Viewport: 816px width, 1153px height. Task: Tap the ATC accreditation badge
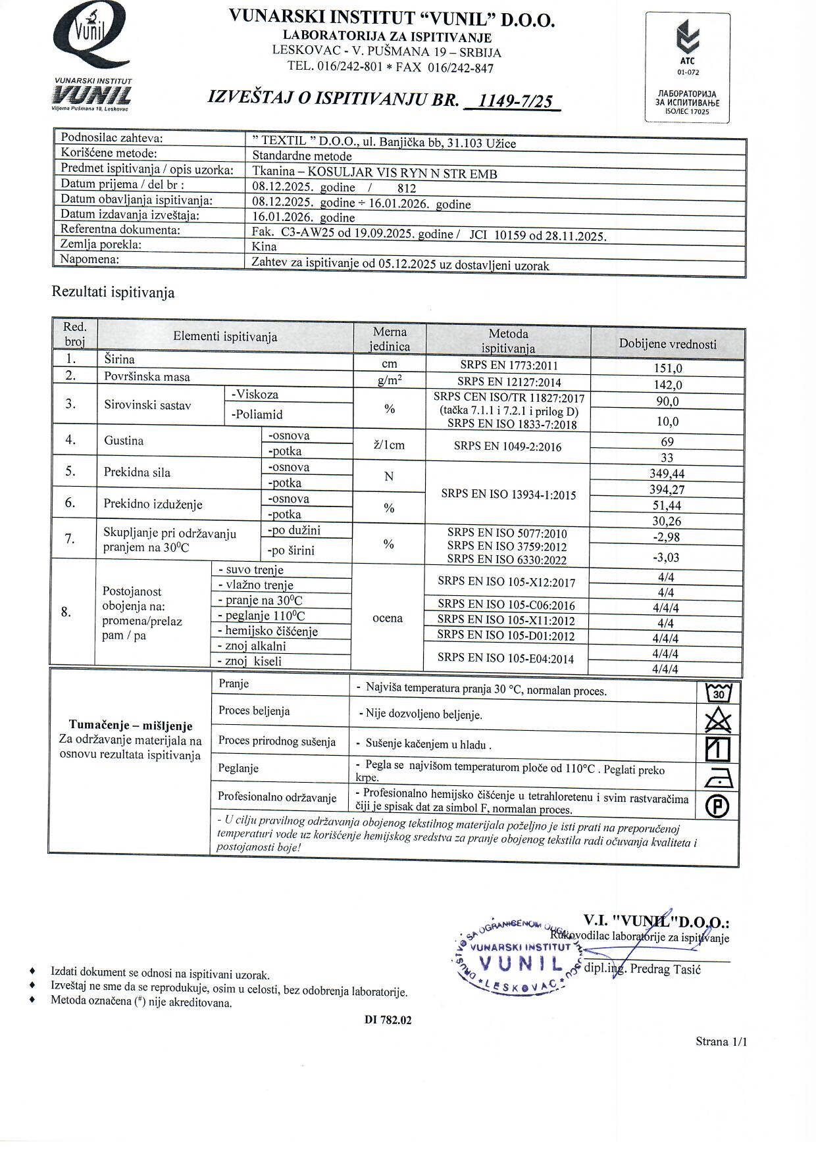(687, 67)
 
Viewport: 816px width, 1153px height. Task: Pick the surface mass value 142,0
(668, 385)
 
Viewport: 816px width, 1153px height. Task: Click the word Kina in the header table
(264, 247)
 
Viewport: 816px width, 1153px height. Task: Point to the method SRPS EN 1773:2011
(508, 366)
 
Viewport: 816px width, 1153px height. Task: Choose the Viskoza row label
(255, 395)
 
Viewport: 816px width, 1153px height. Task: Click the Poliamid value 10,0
(668, 421)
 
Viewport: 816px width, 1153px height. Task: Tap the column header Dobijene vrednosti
(667, 344)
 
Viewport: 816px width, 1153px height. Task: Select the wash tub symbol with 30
(718, 692)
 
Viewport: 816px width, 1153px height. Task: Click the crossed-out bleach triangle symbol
(718, 720)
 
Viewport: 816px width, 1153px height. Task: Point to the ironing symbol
(718, 777)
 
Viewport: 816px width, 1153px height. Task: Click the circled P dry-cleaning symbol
(718, 806)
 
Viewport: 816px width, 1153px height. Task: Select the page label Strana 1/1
(721, 1041)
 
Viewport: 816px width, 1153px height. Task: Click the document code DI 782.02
(388, 1020)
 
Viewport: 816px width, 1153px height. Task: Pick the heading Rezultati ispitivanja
(113, 293)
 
